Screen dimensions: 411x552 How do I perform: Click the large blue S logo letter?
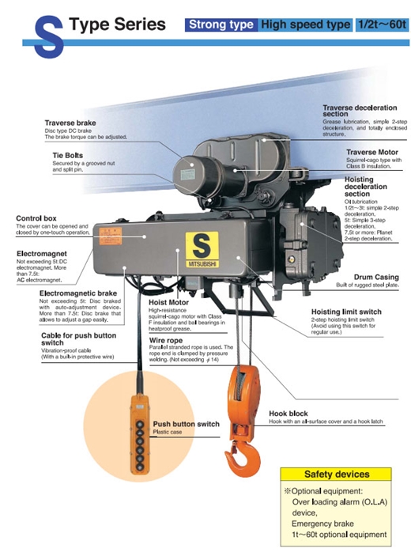[x=49, y=36]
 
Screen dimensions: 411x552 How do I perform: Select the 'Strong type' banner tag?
[x=221, y=25]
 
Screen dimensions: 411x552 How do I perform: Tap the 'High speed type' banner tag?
[x=305, y=25]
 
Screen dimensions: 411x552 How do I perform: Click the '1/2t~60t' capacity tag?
[x=382, y=25]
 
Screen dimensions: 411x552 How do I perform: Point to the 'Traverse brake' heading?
[x=70, y=123]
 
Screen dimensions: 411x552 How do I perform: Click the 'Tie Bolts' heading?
[x=67, y=155]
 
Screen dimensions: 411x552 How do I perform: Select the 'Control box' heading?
[x=36, y=218]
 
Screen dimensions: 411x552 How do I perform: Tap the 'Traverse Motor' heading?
[x=372, y=152]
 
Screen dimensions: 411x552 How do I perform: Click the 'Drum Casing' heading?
[x=376, y=277]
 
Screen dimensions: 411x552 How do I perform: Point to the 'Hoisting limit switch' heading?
[x=346, y=312]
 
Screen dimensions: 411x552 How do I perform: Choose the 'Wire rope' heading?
[x=166, y=340]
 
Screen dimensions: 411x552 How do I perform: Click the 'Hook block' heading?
[x=288, y=414]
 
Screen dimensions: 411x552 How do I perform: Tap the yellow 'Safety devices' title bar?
[x=336, y=474]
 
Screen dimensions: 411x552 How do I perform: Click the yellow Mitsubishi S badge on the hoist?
[x=202, y=249]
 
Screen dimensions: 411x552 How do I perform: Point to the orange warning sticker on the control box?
[x=111, y=236]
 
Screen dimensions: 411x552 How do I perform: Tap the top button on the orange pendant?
[x=140, y=425]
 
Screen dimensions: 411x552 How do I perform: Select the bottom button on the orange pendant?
[x=140, y=467]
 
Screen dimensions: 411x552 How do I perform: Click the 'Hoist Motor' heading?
[x=168, y=302]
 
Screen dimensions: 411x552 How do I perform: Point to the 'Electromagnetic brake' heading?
[x=78, y=293]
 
